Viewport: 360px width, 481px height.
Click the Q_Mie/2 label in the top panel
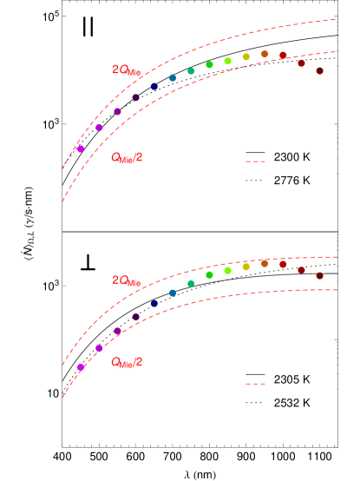pyautogui.click(x=127, y=158)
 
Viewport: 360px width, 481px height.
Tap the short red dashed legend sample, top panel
pyautogui.click(x=255, y=161)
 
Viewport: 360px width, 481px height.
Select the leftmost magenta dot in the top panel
pyautogui.click(x=81, y=148)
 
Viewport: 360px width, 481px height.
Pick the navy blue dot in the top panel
pyautogui.click(x=154, y=87)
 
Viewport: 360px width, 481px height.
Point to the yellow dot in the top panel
pyautogui.click(x=246, y=57)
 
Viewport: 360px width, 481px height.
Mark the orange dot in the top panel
pyautogui.click(x=265, y=54)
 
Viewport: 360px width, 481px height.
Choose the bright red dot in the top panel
pyautogui.click(x=283, y=56)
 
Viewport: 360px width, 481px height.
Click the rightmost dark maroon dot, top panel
pyautogui.click(x=320, y=71)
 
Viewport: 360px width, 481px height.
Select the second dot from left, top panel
pyautogui.click(x=99, y=128)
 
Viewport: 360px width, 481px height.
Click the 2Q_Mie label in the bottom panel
pyautogui.click(x=126, y=281)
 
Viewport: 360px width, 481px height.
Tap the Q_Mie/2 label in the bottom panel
pyautogui.click(x=127, y=362)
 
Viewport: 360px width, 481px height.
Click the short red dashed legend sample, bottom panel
pyautogui.click(x=255, y=384)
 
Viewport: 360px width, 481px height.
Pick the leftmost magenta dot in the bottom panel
pyautogui.click(x=81, y=367)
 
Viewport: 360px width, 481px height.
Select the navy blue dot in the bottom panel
pyautogui.click(x=154, y=303)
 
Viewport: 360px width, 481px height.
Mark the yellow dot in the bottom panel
pyautogui.click(x=246, y=267)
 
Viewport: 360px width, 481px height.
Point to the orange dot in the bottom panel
pyautogui.click(x=265, y=264)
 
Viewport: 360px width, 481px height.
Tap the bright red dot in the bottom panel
pyautogui.click(x=283, y=264)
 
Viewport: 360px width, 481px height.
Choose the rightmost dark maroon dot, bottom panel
pyautogui.click(x=320, y=275)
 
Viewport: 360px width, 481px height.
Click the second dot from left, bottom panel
pyautogui.click(x=99, y=348)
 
